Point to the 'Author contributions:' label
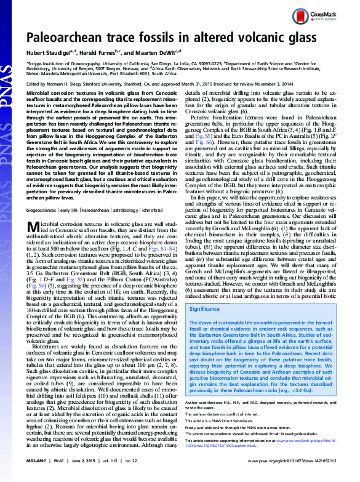point(206,401)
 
